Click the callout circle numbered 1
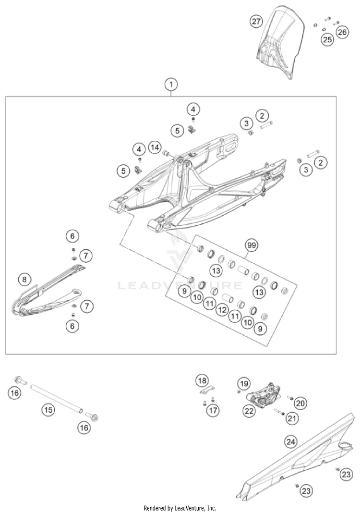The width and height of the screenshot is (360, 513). pos(170,85)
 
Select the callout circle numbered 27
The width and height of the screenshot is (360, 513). pos(257,21)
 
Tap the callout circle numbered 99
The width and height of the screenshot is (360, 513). pos(251,245)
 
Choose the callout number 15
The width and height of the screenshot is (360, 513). pos(48,410)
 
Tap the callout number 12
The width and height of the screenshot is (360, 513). pos(221,310)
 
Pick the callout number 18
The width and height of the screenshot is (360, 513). pos(202,381)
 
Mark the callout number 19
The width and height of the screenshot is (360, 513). pos(244,383)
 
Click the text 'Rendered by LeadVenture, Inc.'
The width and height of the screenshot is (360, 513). pos(180,508)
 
